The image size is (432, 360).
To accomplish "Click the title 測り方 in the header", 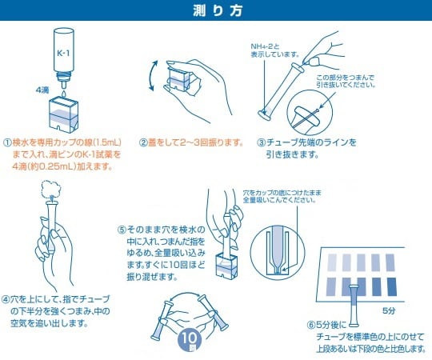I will pos(215,10).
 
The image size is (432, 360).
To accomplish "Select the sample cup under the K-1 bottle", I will pos(64,111).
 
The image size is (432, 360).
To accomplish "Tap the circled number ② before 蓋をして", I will pos(143,142).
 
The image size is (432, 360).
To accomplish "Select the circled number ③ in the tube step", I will pos(261,142).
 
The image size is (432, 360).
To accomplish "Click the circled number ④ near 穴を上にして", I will pos(6,298).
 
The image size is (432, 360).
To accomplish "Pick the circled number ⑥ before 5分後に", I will pos(313,326).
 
